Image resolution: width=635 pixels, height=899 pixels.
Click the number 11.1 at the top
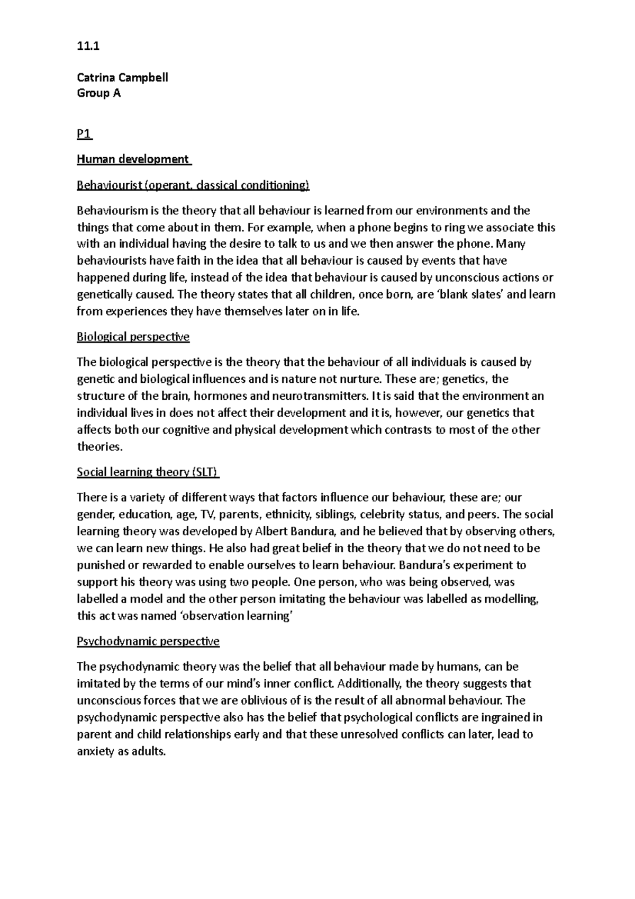[x=88, y=46]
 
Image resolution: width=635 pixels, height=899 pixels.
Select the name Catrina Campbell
[x=122, y=77]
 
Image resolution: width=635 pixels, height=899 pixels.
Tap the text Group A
[x=98, y=93]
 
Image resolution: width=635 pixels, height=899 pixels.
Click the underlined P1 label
[x=84, y=134]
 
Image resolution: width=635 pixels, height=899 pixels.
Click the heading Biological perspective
[x=133, y=337]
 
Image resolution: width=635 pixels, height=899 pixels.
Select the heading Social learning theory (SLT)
[x=148, y=472]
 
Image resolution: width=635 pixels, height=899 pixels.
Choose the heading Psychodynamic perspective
[x=148, y=641]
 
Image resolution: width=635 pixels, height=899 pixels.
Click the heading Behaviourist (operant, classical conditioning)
[x=193, y=185]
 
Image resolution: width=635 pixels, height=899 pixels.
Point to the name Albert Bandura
[x=295, y=531]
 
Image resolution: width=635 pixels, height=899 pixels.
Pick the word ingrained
[x=505, y=717]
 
